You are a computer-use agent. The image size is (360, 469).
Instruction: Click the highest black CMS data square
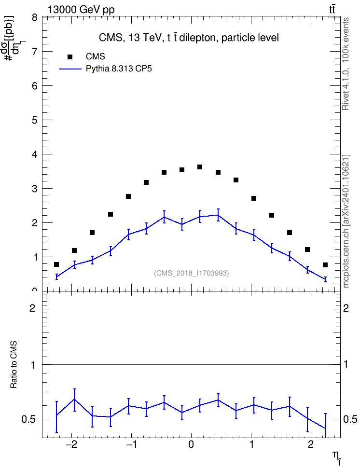200,167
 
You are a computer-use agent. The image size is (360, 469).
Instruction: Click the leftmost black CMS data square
56,264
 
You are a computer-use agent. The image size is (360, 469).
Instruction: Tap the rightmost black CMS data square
325,265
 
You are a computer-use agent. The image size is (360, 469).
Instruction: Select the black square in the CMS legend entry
70,56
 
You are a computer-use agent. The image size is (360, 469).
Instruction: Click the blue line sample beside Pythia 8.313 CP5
70,69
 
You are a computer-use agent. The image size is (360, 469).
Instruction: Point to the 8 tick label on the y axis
35,18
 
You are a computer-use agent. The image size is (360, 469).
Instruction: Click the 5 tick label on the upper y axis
35,120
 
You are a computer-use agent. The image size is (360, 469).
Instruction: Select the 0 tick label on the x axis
191,444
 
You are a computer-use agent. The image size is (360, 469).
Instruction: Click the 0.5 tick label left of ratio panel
28,420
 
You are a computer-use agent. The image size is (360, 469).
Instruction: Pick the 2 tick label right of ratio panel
346,308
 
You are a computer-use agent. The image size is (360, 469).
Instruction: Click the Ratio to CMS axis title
14,365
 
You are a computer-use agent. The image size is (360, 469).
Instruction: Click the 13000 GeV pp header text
81,10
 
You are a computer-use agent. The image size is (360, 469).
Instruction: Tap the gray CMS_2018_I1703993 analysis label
192,273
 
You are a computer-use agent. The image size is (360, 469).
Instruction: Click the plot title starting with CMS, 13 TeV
189,38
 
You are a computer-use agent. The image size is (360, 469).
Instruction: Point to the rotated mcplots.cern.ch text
346,221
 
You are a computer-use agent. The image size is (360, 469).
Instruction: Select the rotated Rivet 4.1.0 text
346,64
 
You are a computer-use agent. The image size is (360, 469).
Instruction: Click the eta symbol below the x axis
336,456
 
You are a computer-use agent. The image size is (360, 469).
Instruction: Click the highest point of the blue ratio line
74,399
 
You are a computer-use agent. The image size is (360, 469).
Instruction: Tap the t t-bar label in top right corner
332,10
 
